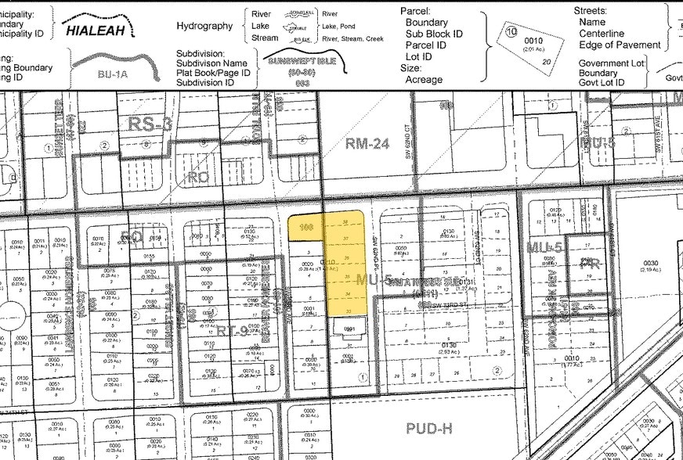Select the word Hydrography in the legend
point(204,26)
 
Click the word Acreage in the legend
point(424,80)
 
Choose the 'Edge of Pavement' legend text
point(620,45)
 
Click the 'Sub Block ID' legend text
point(434,34)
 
